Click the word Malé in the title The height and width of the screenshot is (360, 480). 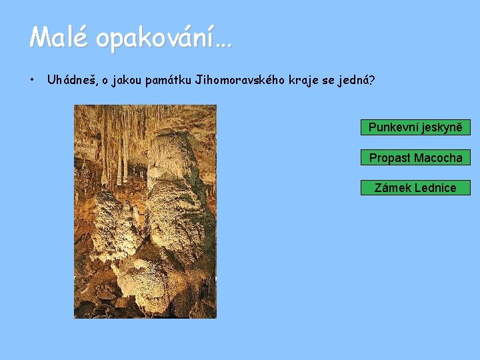tap(58, 37)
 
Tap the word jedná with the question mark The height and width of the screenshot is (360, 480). tap(358, 81)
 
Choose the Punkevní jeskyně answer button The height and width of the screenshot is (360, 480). tap(415, 127)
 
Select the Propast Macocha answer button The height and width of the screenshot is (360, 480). tap(415, 158)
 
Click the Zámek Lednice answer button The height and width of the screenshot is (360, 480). tap(415, 188)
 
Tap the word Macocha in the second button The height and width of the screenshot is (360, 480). tap(438, 158)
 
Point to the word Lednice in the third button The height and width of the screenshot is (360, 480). tap(434, 188)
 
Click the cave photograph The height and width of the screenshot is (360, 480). tap(145, 211)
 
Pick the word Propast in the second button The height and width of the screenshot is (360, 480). tap(390, 158)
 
